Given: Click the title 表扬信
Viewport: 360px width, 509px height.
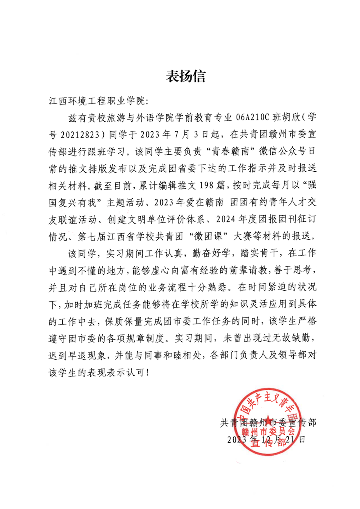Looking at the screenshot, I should tap(185, 76).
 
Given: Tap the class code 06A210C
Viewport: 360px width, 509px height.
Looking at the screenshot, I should tap(252, 118).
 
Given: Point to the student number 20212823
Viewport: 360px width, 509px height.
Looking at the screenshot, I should tap(80, 135).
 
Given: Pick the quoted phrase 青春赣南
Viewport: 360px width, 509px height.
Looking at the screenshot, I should tap(230, 152).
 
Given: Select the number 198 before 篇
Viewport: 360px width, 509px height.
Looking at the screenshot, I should tap(206, 186).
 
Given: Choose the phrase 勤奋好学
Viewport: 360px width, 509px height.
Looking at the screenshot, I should tap(211, 253).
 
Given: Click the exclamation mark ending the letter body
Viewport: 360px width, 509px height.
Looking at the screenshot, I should tap(147, 373).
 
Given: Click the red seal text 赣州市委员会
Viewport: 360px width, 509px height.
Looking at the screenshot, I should tap(268, 431).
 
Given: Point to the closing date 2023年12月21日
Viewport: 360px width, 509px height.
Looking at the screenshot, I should tap(266, 440).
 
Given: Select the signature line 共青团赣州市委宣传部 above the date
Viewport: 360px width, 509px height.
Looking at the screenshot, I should tap(268, 422).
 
